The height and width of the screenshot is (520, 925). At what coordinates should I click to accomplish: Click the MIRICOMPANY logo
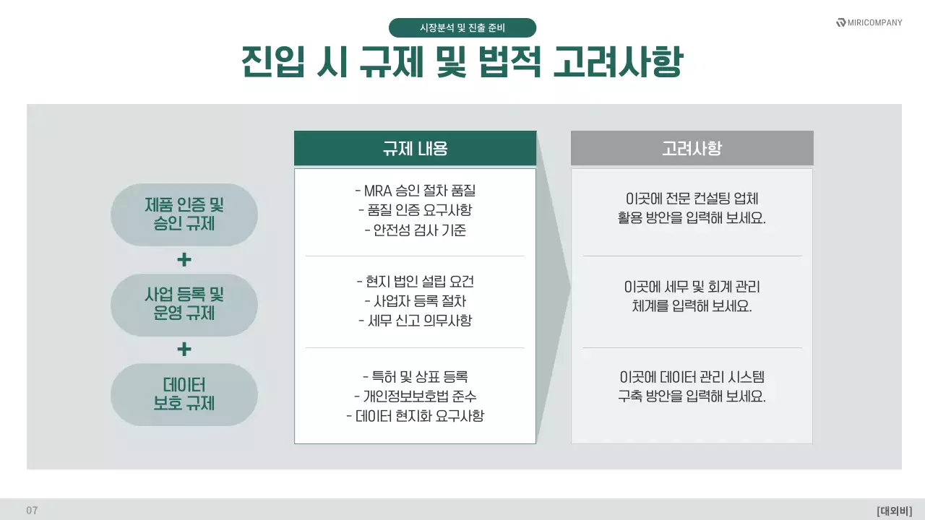869,22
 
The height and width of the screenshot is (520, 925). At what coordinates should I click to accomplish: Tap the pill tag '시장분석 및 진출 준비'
462,28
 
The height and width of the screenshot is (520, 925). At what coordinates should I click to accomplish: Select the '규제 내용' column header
415,149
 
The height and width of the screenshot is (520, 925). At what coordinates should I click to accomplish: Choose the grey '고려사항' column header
692,149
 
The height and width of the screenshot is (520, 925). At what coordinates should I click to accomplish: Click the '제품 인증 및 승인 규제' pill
184,214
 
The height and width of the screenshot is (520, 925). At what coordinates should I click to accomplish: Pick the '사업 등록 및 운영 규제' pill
184,304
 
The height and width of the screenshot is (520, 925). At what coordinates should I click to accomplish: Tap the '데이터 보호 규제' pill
184,394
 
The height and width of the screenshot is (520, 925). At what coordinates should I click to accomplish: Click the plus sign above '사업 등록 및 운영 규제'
184,259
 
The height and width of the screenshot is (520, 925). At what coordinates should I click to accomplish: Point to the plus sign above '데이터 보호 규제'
184,350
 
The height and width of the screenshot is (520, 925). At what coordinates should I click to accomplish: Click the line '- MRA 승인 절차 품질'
416,191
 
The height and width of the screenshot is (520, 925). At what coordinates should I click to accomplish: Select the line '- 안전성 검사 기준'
416,231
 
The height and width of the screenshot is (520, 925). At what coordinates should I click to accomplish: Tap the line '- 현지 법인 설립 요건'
416,282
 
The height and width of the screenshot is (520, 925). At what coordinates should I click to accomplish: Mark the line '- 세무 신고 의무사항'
416,321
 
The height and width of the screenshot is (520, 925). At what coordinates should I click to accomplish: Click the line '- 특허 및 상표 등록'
416,377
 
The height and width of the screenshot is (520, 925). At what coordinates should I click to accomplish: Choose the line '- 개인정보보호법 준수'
416,396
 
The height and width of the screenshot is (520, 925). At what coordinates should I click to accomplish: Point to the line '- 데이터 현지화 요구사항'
416,416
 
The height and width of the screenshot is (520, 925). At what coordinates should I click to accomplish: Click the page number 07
32,511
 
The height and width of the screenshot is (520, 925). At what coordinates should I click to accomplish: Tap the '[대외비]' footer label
895,511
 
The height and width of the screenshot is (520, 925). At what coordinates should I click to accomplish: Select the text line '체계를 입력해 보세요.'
692,306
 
